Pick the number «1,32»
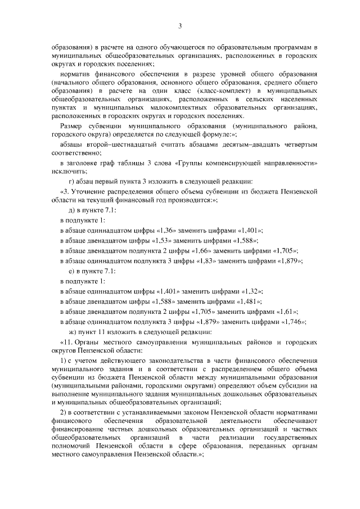tap(251, 291)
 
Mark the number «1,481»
tap(248, 301)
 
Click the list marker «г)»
tap(72, 181)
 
